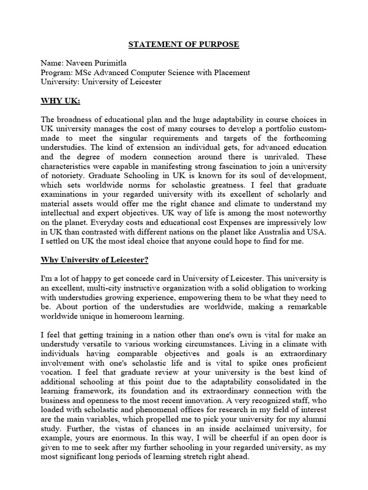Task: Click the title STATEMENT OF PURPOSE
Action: coord(184,45)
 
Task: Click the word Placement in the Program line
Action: coord(229,72)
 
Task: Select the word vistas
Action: coord(114,438)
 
